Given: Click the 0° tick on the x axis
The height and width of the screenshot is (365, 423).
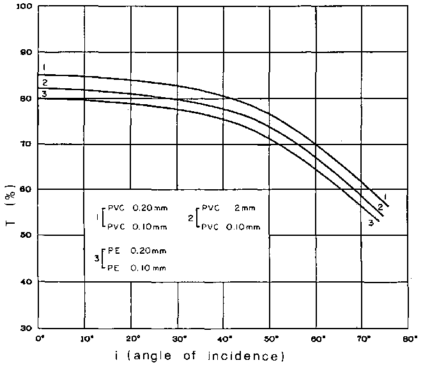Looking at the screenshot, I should [40, 338].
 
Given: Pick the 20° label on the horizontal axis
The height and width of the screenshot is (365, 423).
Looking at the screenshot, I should [132, 338].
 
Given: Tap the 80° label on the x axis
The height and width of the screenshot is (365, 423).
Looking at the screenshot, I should [410, 338].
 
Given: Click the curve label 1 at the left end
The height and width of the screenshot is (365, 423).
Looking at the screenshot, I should [45, 67].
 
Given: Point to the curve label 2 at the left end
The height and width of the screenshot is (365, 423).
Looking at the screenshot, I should [45, 82].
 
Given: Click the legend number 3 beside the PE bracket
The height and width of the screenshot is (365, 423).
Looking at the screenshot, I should [95, 258].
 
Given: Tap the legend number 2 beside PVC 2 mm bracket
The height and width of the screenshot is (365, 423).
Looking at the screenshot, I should [190, 217].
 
